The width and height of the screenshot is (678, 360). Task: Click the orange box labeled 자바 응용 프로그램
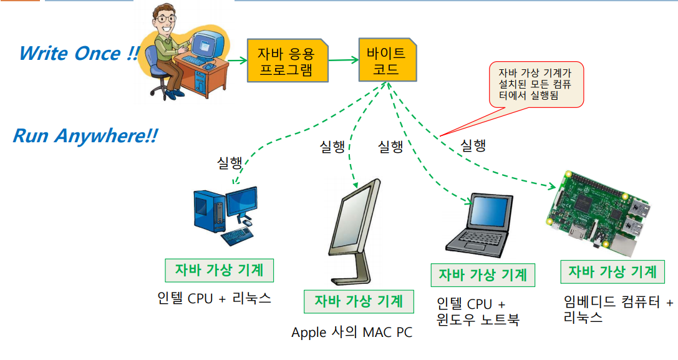point(288,61)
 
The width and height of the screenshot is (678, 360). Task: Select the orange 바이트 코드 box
point(386,59)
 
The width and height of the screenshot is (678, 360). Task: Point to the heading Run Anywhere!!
point(85,135)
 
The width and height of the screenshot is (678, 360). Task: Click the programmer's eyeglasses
point(166,19)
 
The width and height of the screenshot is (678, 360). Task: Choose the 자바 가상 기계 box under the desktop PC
point(219,270)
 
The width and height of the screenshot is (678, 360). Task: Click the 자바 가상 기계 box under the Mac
point(358,301)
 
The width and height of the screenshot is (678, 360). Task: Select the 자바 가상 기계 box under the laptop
point(483,275)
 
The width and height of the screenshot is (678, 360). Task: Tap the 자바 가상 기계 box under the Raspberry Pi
point(612,272)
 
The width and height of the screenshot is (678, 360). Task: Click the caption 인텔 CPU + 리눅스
point(215,298)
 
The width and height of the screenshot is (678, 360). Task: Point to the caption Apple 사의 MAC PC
point(352,332)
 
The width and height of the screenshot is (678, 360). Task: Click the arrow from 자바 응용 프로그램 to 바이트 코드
point(343,61)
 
